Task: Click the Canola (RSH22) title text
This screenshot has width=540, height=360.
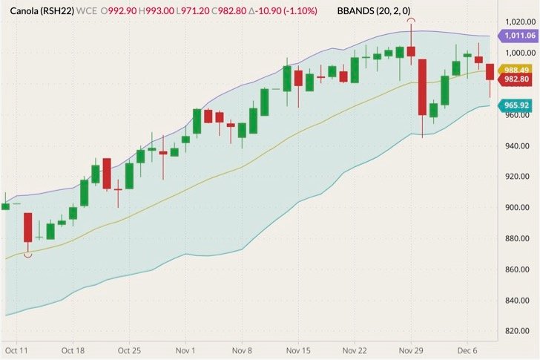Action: click(41, 12)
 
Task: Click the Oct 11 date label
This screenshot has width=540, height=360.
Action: click(16, 350)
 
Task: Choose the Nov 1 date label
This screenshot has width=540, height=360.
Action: click(186, 350)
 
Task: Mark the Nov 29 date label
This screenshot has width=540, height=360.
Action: click(410, 350)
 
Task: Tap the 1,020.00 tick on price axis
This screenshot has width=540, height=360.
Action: click(517, 22)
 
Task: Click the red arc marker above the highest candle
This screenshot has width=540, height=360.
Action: click(410, 21)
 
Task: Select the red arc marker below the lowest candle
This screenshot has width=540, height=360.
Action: click(28, 255)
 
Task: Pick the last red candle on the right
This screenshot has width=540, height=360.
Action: click(490, 72)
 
